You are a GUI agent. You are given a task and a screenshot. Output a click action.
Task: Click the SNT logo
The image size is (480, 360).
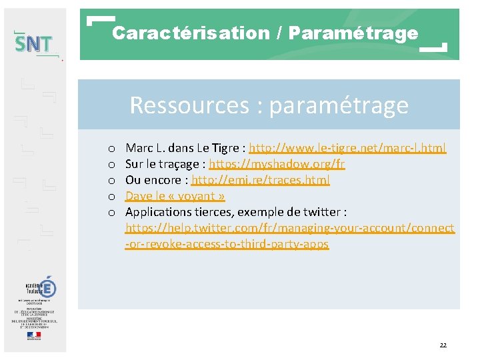tap(34, 44)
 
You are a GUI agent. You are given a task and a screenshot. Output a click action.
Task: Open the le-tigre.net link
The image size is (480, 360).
tap(347, 148)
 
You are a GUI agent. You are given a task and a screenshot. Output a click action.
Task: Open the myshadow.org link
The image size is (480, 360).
tap(277, 164)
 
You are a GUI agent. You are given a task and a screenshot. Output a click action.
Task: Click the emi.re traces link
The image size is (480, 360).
tap(261, 180)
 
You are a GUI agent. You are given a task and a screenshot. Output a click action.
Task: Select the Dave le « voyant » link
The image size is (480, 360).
tap(175, 196)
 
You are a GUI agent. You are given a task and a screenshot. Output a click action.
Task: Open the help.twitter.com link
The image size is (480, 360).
tap(290, 228)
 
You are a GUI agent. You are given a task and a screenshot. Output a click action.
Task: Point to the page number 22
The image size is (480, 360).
tap(443, 345)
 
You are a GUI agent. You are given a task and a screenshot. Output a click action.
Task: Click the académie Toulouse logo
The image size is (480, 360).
tap(41, 288)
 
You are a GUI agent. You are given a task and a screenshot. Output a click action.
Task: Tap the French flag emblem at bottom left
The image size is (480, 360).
tap(34, 335)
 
